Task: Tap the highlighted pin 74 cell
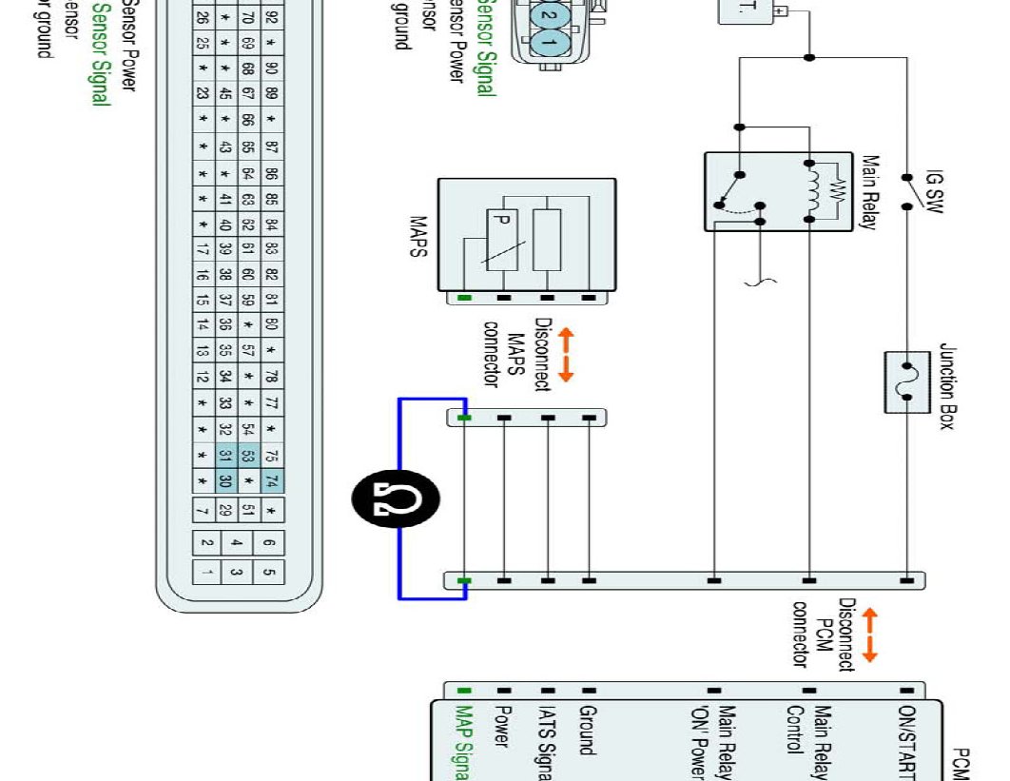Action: point(271,480)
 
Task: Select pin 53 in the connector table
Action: point(247,456)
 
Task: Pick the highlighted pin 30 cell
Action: point(225,480)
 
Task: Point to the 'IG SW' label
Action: point(935,192)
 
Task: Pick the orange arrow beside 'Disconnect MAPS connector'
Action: point(566,355)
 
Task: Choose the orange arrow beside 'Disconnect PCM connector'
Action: point(869,635)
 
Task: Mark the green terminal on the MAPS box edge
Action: point(463,298)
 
